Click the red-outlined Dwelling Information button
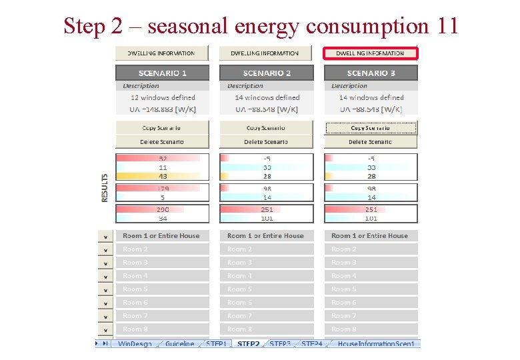click(370, 53)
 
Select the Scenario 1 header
click(162, 73)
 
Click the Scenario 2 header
click(267, 73)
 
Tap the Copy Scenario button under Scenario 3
click(371, 127)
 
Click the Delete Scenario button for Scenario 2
click(266, 141)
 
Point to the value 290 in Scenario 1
click(163, 209)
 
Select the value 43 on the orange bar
click(163, 176)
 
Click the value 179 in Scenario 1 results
click(163, 189)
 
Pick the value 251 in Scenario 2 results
click(267, 209)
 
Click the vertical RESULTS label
click(105, 188)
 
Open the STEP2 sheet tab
click(248, 344)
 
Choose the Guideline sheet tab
click(180, 344)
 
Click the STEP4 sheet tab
click(311, 344)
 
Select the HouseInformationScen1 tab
click(376, 344)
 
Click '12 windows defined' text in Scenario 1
click(163, 97)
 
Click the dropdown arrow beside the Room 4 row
click(105, 276)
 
